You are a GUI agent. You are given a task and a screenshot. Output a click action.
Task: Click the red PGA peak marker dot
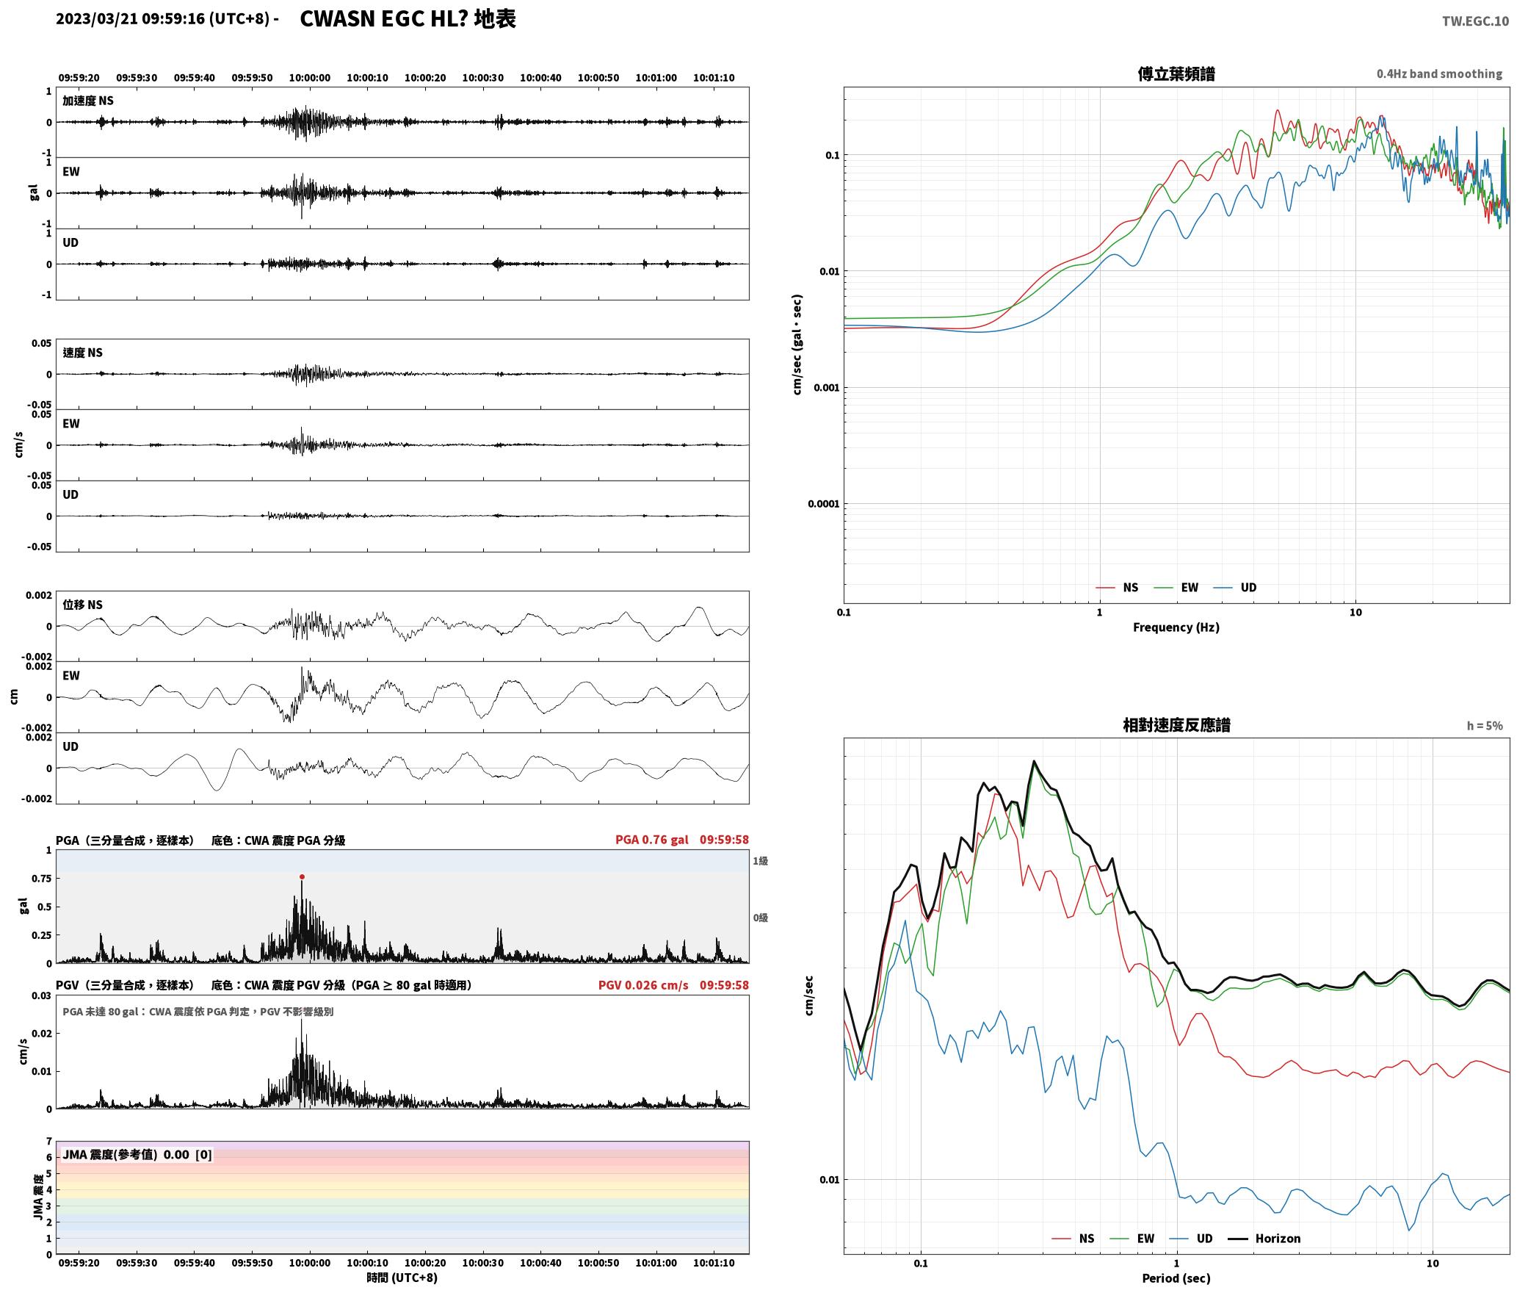pyautogui.click(x=302, y=876)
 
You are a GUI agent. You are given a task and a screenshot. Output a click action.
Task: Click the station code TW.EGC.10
pyautogui.click(x=1475, y=21)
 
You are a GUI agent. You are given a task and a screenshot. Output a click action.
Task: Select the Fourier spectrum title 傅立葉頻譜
pyautogui.click(x=1176, y=73)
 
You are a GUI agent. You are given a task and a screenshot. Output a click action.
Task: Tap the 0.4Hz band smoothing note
pyautogui.click(x=1439, y=73)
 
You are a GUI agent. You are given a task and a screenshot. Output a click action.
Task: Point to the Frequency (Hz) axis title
pyautogui.click(x=1176, y=627)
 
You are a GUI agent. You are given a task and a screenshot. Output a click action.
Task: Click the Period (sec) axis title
pyautogui.click(x=1176, y=1278)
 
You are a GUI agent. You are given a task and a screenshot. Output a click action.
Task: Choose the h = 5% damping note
pyautogui.click(x=1485, y=726)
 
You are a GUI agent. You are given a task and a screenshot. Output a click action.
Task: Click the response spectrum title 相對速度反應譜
pyautogui.click(x=1176, y=725)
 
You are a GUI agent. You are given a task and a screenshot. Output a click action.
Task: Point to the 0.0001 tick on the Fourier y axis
pyautogui.click(x=822, y=504)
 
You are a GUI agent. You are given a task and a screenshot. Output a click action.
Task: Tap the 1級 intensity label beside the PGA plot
pyautogui.click(x=760, y=860)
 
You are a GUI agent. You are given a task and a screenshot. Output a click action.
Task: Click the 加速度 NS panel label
pyautogui.click(x=88, y=101)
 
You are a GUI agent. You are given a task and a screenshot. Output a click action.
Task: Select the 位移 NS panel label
pyautogui.click(x=82, y=605)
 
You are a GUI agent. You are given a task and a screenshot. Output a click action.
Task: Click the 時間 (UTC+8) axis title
pyautogui.click(x=402, y=1278)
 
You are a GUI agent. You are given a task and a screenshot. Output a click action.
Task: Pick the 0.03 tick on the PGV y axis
pyautogui.click(x=42, y=995)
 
